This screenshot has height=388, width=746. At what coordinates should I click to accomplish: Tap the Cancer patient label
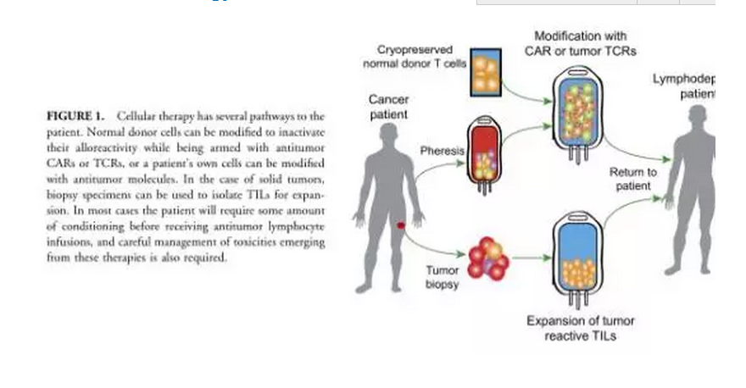(x=389, y=107)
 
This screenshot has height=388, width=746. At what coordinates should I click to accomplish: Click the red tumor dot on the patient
(x=401, y=225)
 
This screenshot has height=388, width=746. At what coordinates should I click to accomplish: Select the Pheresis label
(x=443, y=151)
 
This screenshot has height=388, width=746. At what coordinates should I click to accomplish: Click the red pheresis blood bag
(x=485, y=153)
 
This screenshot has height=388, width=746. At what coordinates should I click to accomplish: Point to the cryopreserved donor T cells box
(x=486, y=72)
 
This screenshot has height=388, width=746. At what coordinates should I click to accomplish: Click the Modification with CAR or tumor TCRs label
(x=580, y=44)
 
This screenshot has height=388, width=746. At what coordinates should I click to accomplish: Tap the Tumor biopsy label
(x=443, y=277)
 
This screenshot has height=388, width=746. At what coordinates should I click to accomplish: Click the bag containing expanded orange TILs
(x=577, y=254)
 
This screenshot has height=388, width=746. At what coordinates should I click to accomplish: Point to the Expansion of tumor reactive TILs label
(x=580, y=329)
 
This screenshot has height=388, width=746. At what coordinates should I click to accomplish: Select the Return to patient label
(x=632, y=179)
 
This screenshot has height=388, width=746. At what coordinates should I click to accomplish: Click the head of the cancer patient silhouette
(x=388, y=135)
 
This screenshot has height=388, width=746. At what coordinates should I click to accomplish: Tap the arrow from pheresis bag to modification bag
(x=526, y=132)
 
